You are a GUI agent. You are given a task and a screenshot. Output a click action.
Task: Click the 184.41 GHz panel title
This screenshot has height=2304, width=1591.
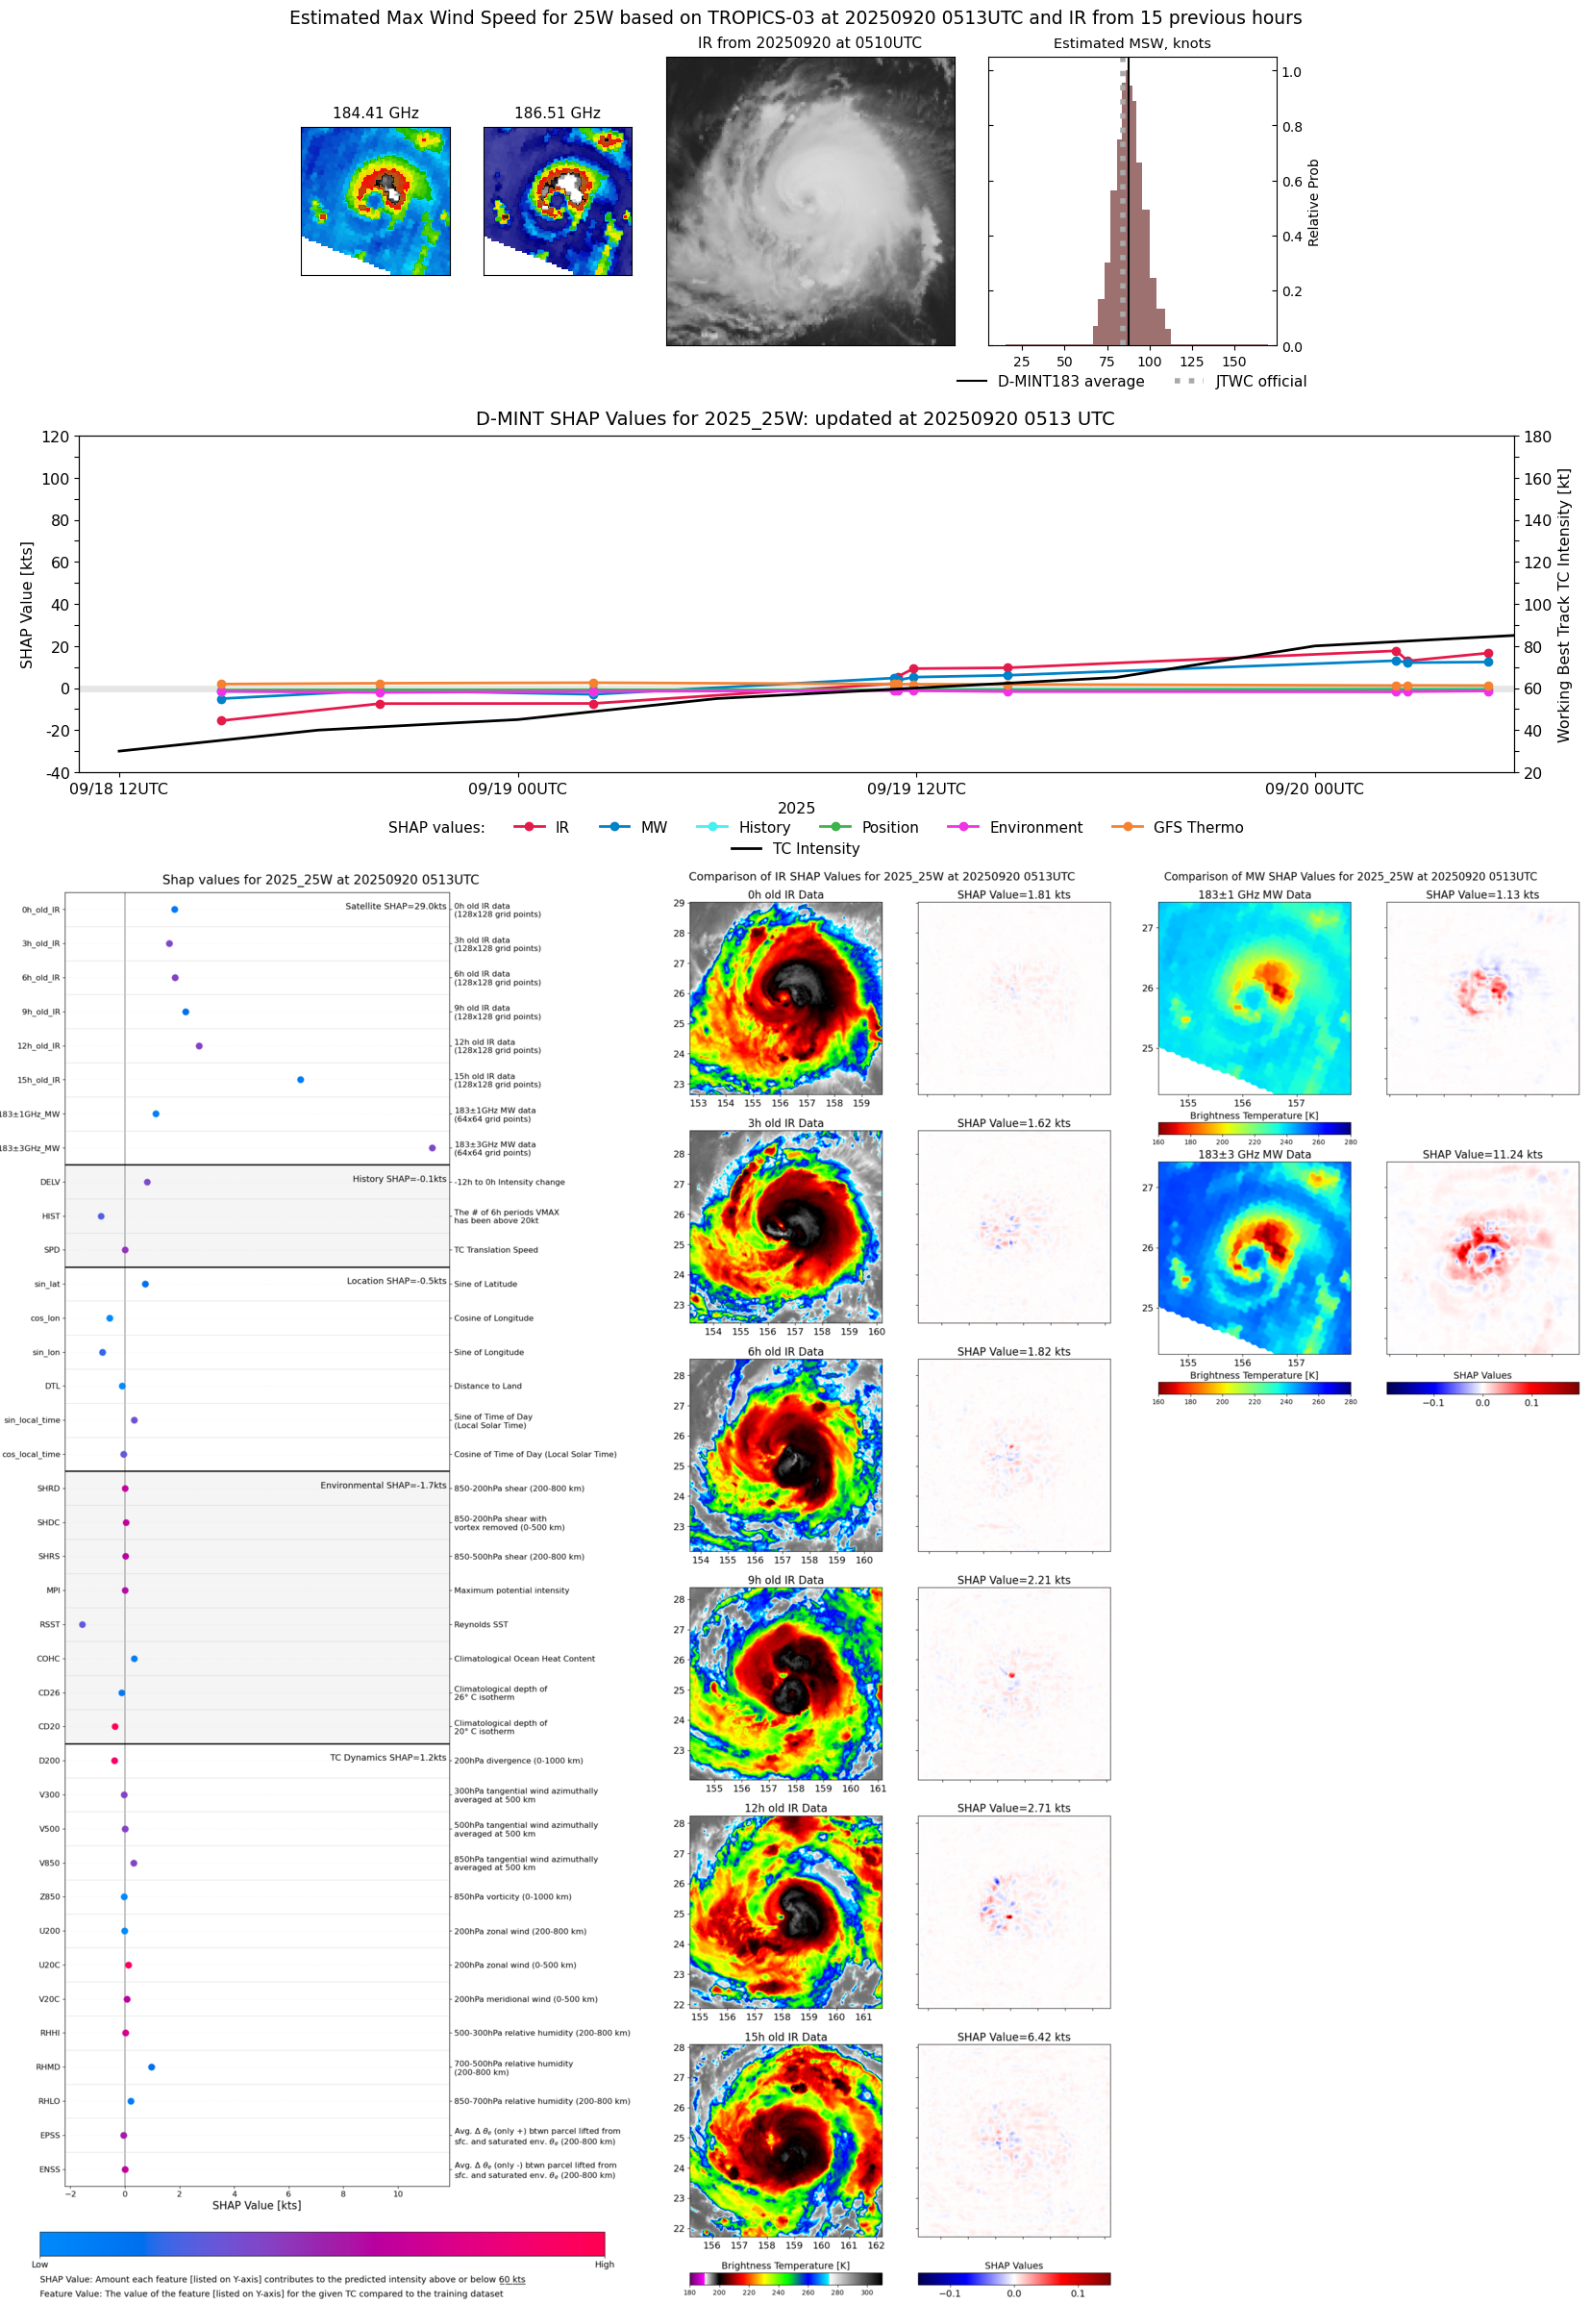click(x=375, y=113)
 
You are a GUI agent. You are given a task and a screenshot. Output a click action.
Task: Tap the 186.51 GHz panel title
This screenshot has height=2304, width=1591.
click(x=558, y=113)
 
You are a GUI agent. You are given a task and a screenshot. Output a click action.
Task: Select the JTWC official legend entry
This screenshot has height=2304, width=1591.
click(x=1260, y=381)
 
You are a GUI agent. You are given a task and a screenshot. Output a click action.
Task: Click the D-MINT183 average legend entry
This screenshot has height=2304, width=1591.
click(x=1070, y=381)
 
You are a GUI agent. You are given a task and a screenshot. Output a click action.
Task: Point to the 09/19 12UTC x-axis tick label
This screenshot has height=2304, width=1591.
click(x=915, y=789)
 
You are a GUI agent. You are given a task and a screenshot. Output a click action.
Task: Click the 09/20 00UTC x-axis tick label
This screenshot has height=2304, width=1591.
click(x=1314, y=789)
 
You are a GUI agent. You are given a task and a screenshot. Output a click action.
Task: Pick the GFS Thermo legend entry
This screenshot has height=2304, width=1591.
click(x=1197, y=828)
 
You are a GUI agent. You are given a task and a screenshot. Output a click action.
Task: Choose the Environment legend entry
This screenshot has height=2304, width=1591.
click(x=1034, y=828)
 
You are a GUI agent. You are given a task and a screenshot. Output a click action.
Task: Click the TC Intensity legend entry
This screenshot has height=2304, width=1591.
click(x=814, y=848)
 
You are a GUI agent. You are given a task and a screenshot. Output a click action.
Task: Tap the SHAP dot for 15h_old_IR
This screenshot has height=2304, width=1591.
click(x=300, y=1080)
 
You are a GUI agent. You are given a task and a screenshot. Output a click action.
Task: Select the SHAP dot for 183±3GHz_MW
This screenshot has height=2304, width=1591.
click(x=432, y=1147)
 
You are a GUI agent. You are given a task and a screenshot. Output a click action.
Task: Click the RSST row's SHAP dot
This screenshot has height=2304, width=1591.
click(x=82, y=1624)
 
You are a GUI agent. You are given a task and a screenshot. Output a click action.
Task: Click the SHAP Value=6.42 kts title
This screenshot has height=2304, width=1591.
click(x=1013, y=2037)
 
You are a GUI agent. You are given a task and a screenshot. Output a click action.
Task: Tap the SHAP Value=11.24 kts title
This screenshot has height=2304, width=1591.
click(x=1481, y=1155)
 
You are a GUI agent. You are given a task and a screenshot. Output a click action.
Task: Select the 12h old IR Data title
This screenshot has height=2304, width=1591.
click(x=785, y=1808)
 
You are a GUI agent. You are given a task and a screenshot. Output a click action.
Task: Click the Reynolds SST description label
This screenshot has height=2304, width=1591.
click(x=481, y=1624)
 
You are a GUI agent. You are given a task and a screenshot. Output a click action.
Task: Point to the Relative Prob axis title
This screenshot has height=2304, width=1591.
click(x=1313, y=202)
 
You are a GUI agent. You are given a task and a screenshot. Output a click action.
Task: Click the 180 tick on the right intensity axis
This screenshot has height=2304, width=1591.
click(x=1537, y=437)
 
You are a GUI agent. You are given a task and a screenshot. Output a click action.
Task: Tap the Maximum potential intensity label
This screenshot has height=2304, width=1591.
click(x=511, y=1590)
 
